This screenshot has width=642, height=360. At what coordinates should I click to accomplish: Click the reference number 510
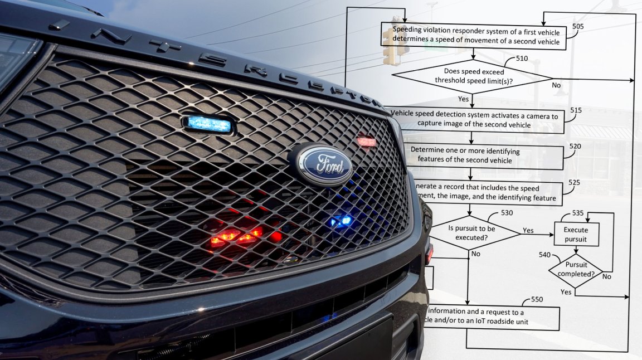pos(522,58)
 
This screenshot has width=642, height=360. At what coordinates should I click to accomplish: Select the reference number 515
pos(576,110)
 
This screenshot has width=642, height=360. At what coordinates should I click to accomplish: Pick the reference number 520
pos(575,146)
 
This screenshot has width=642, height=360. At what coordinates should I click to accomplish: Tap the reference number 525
pos(575,182)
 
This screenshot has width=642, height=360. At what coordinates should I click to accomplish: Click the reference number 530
pos(507,213)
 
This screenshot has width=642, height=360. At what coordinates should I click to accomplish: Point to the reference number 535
pos(578,213)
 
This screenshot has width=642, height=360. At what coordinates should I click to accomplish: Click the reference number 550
pos(537,299)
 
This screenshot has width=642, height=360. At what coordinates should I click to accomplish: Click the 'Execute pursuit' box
pos(576,235)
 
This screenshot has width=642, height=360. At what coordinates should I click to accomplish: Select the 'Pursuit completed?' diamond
pos(576,270)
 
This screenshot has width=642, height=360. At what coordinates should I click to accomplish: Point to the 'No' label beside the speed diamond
pos(556,85)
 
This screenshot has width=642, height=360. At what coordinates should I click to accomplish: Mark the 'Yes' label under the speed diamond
pos(463,99)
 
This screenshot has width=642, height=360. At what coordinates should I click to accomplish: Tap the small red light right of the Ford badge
pos(367,142)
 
